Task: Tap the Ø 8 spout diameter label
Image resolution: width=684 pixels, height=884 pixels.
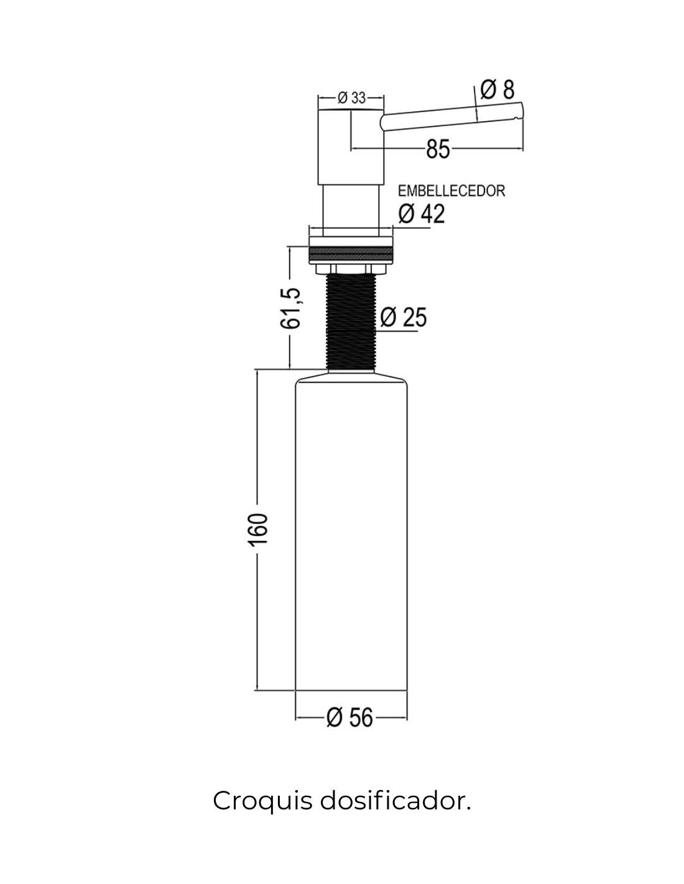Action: click(x=497, y=90)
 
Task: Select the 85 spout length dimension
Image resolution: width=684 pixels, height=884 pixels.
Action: click(x=438, y=149)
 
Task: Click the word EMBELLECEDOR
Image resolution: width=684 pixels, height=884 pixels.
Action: click(x=451, y=191)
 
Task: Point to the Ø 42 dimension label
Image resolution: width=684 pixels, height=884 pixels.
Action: click(x=422, y=214)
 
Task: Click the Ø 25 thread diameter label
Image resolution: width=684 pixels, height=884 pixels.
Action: click(x=403, y=318)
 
